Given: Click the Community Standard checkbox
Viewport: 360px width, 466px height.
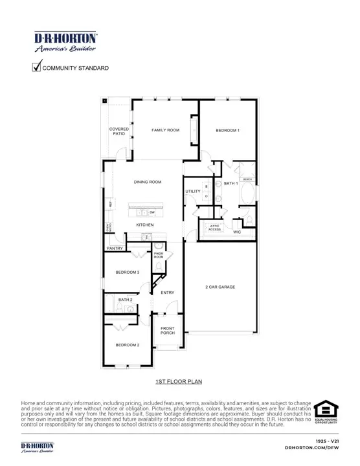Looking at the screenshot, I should coord(37,66).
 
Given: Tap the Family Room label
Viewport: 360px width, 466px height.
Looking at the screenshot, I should coord(165,130).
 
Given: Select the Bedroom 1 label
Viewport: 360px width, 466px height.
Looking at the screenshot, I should coord(227,131).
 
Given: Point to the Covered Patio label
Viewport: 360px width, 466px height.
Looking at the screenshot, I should coord(118,131).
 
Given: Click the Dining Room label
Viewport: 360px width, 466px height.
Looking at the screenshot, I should coord(148,182).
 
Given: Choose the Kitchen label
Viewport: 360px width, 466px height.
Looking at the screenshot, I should coord(144,225).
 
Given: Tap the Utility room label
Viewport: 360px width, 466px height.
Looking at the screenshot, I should coord(193,192).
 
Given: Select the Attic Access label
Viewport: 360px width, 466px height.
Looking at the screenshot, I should coord(215,228).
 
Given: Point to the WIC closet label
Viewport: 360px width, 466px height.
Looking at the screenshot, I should coord(237,232).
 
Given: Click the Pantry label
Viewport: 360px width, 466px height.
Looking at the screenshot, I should coord(115,248).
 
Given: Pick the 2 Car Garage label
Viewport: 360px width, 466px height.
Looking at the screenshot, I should coord(220,287).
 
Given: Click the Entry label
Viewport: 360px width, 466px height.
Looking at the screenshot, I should coord(168,293).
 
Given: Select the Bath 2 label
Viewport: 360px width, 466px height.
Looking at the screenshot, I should coord(125,300).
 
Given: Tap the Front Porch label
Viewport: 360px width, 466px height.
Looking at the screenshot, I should coord(168,331).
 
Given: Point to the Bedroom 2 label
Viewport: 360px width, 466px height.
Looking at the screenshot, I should coord(128,345).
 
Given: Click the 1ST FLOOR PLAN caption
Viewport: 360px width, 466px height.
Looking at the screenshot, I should coord(179,383).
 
